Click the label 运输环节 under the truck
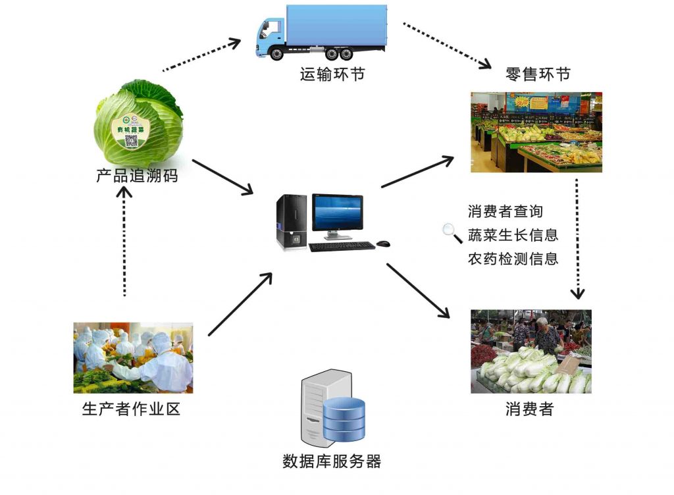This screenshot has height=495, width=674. [332, 74]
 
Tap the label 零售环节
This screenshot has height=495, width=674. [538, 74]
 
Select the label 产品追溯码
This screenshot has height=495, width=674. [137, 176]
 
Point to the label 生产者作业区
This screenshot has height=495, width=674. [131, 409]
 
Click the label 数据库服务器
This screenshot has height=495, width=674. [332, 461]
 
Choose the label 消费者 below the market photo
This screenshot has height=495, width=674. [530, 409]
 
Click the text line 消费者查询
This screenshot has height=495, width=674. [505, 211]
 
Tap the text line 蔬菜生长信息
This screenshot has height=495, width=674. [513, 235]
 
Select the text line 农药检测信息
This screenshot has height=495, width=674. [513, 259]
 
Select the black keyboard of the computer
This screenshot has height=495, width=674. [342, 246]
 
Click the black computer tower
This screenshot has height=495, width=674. [292, 222]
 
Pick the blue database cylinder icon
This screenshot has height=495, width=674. [344, 419]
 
